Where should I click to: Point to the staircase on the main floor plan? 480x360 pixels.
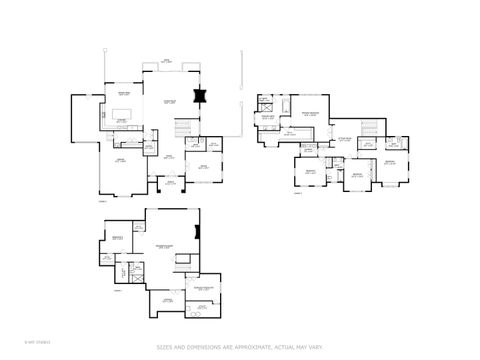pyautogui.click(x=182, y=128)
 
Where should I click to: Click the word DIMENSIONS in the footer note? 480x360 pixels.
pyautogui.click(x=204, y=347)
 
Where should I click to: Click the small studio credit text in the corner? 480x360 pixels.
pyautogui.click(x=15, y=346)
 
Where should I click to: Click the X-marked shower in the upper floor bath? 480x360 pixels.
pyautogui.click(x=263, y=102)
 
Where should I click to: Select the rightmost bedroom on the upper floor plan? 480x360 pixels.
pyautogui.click(x=391, y=162)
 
